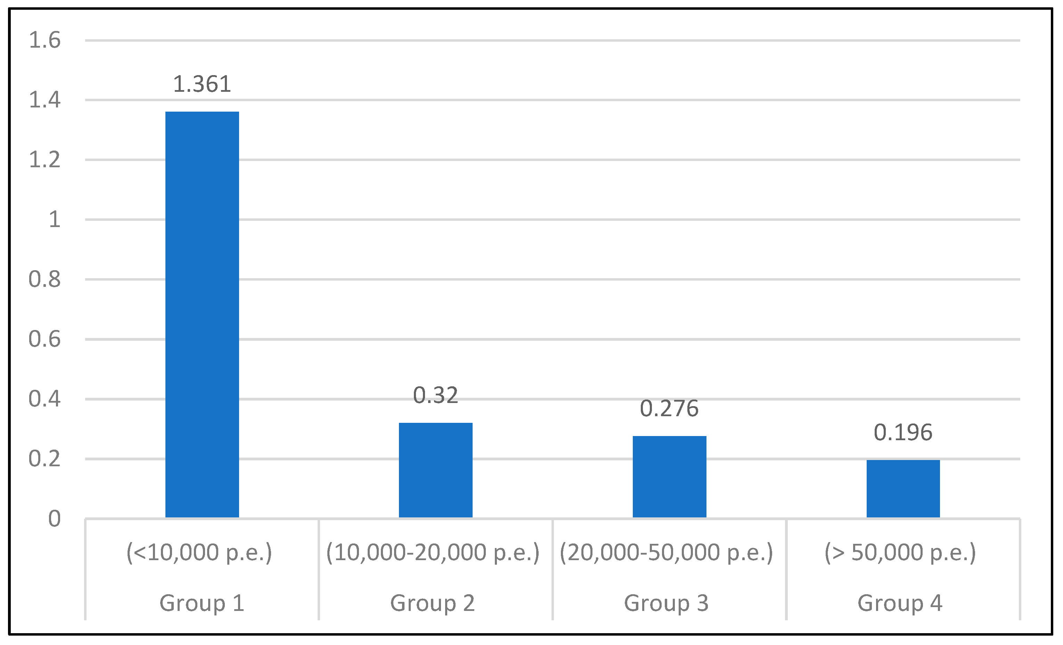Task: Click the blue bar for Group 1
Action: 202,314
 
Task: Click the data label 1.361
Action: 202,84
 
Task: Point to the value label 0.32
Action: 435,395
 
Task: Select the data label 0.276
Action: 669,409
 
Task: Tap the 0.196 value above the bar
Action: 903,433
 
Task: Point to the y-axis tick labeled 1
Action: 54,220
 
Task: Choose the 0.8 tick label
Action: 44,279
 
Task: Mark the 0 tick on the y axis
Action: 54,518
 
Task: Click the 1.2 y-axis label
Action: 44,160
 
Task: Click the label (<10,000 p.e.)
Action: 199,552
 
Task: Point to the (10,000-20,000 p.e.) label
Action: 433,552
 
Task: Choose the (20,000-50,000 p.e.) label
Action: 667,552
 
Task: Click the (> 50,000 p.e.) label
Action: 900,552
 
